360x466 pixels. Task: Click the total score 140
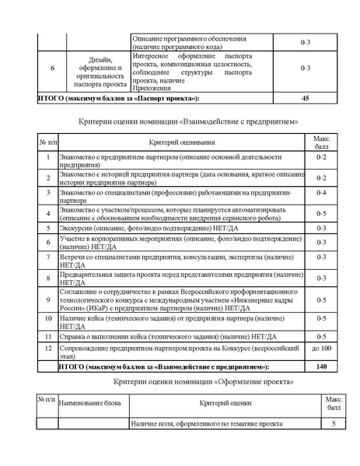(321, 365)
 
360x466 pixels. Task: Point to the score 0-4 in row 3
(321, 193)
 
